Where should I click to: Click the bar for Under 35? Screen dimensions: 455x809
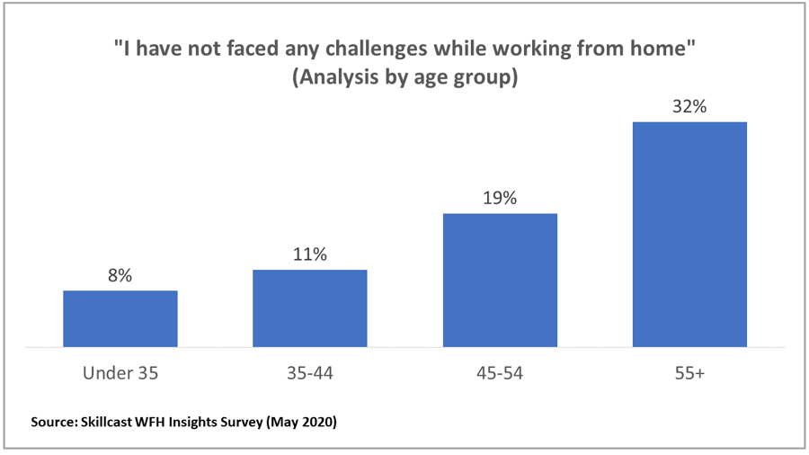120,318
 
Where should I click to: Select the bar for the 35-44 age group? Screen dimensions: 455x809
309,308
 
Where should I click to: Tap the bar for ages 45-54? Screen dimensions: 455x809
500,280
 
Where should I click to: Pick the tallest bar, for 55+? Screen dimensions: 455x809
689,234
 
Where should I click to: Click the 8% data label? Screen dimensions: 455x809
120,276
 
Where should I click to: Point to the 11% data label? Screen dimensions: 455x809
309,254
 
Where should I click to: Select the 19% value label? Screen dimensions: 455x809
500,198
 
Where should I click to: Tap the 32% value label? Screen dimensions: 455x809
689,106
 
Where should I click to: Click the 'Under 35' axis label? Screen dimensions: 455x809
120,372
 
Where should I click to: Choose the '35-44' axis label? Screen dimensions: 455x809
309,372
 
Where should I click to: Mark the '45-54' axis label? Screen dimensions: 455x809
500,372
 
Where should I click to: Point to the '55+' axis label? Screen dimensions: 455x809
689,372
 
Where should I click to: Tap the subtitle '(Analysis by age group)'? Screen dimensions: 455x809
404,78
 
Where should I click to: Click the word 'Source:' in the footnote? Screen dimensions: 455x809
54,421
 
